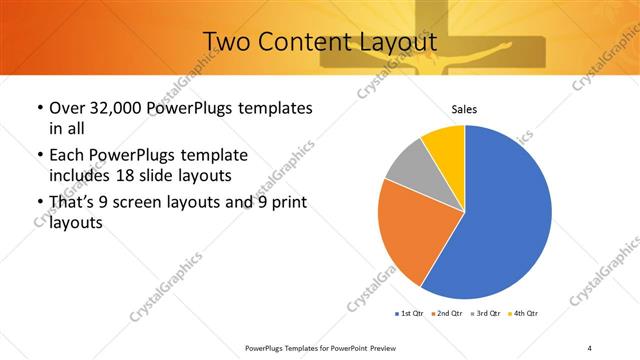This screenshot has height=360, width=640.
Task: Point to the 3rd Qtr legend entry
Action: point(485,314)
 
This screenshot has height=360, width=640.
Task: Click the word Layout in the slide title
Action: point(398,43)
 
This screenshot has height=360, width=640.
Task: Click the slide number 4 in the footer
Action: point(590,348)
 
